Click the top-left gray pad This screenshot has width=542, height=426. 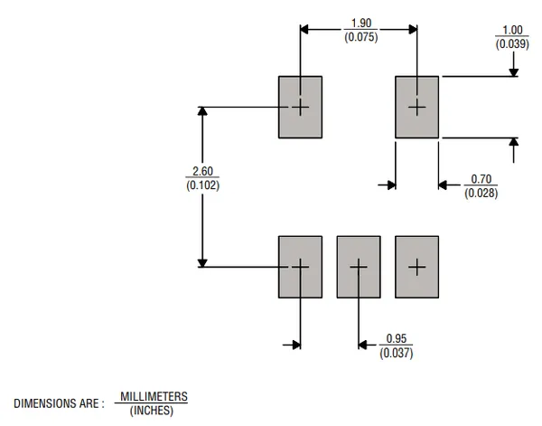point(300,107)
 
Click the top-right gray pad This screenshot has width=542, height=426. point(416,107)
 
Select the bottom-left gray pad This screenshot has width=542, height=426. point(300,267)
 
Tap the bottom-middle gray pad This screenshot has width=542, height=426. point(359,267)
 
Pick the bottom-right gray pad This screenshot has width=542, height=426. point(416,267)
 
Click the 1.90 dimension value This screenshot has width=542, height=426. point(360,22)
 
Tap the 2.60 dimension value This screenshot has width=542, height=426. point(202,171)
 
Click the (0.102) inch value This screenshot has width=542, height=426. point(202,185)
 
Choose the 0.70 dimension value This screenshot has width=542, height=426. point(480,179)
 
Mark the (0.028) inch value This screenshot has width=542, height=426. point(480,193)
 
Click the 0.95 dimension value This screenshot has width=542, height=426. point(397,338)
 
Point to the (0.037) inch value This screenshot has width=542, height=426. point(397,353)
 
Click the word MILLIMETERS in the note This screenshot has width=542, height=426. point(154,396)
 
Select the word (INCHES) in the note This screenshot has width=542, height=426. point(153,411)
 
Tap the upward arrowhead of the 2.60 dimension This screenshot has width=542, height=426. point(202,112)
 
